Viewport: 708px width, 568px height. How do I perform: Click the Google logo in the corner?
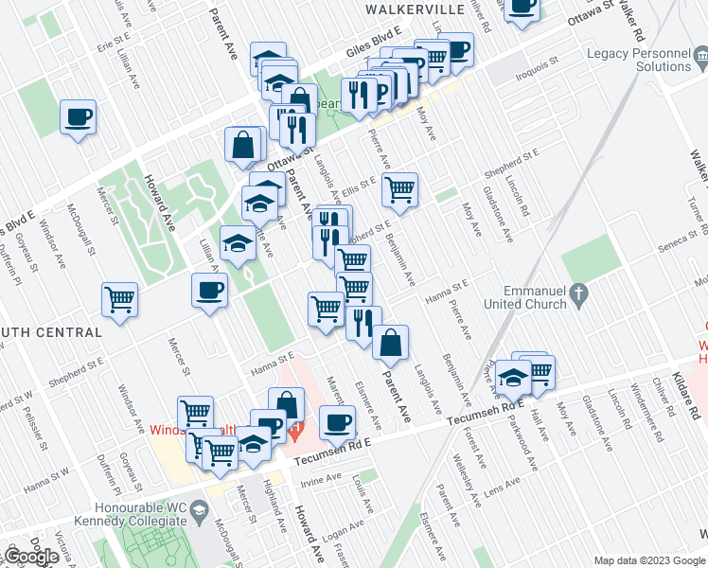tap(31, 556)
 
